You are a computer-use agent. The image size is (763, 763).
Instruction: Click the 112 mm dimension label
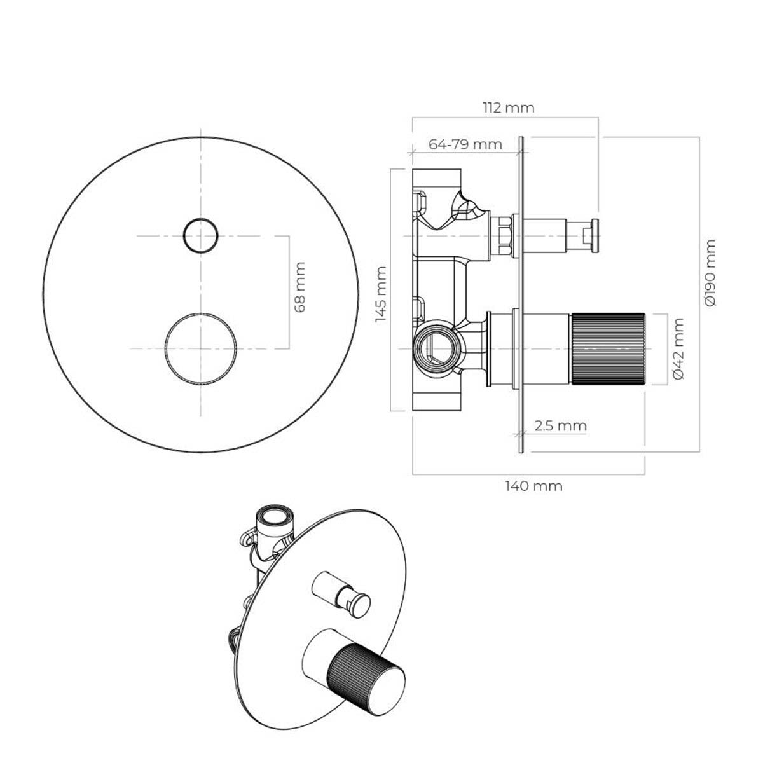coord(509,107)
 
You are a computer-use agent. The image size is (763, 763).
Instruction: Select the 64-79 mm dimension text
coord(465,144)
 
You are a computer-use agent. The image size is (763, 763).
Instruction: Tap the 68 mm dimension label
coord(300,287)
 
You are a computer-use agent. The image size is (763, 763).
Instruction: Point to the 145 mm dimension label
coord(381,294)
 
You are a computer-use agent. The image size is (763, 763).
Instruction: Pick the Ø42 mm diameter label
coord(678,348)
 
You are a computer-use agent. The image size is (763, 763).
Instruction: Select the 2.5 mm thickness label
coord(560,425)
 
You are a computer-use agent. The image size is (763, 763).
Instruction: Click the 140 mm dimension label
coord(533,486)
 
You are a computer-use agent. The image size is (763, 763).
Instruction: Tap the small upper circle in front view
coord(201,219)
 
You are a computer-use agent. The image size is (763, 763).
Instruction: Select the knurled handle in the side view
coord(608,349)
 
